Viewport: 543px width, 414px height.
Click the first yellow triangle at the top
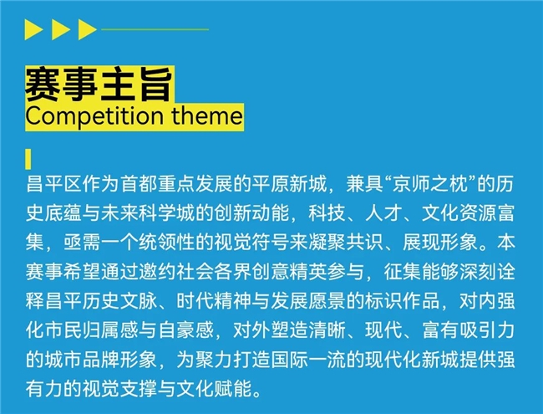tap(34, 31)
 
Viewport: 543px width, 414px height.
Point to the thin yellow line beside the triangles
tap(154, 29)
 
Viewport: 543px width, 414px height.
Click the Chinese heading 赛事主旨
tap(99, 84)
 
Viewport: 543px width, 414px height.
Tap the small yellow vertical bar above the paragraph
tap(29, 159)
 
